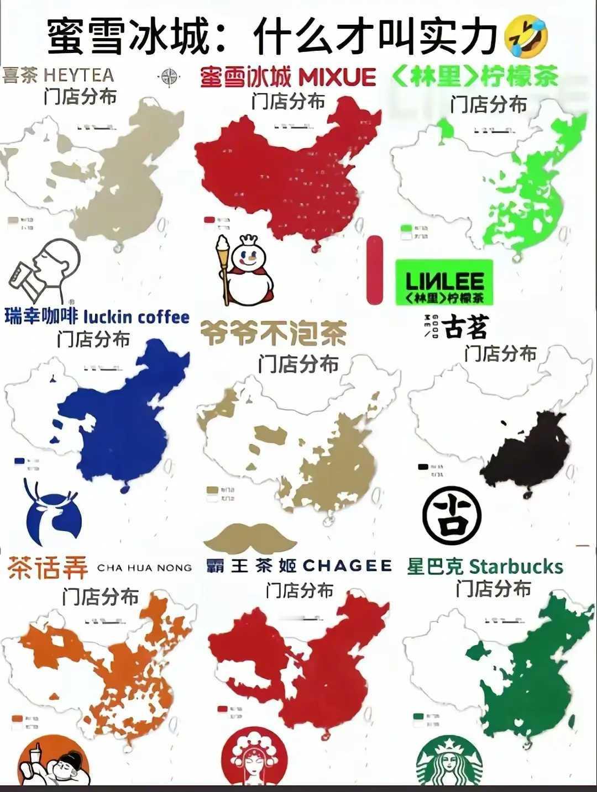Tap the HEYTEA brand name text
pos(78,75)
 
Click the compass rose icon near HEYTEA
pos(169,76)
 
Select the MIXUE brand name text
pos(337,77)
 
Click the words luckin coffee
pos(136,317)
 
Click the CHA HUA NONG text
pos(144,567)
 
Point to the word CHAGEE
pos(347,566)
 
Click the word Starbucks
pos(515,567)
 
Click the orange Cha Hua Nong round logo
pos(54,765)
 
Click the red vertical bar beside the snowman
pos(375,270)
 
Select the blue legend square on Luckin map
pos(20,460)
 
